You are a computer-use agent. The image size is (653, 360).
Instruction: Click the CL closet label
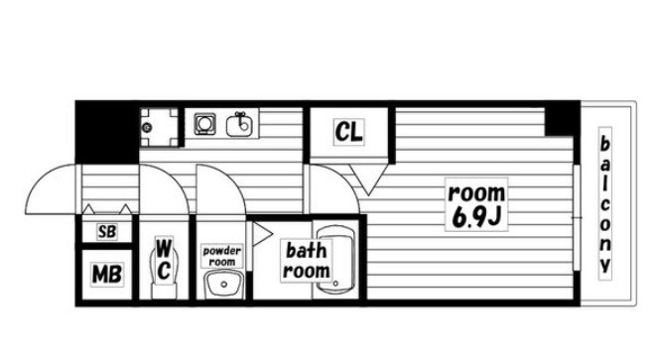pyautogui.click(x=349, y=132)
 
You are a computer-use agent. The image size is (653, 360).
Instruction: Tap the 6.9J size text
pyautogui.click(x=476, y=217)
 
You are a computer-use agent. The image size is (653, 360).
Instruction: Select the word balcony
pyautogui.click(x=605, y=203)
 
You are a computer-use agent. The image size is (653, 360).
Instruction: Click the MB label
pyautogui.click(x=106, y=275)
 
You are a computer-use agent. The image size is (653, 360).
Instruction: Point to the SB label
pyautogui.click(x=106, y=231)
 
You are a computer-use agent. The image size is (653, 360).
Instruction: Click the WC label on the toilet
pyautogui.click(x=164, y=259)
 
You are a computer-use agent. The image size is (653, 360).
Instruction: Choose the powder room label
pyautogui.click(x=222, y=256)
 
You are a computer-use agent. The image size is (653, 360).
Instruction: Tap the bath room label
pyautogui.click(x=306, y=261)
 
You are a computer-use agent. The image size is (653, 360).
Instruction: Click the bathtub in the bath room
pyautogui.click(x=335, y=260)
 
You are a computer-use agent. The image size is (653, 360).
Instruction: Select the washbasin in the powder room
pyautogui.click(x=223, y=285)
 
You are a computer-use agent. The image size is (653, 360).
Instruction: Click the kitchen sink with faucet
pyautogui.click(x=239, y=124)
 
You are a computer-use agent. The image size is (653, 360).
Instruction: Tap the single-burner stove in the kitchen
pyautogui.click(x=204, y=124)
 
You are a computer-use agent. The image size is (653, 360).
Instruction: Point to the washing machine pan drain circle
pyautogui.click(x=146, y=127)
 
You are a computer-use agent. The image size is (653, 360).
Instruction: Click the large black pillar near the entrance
pyautogui.click(x=106, y=132)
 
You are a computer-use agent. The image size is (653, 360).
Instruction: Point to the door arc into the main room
pyautogui.click(x=341, y=179)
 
